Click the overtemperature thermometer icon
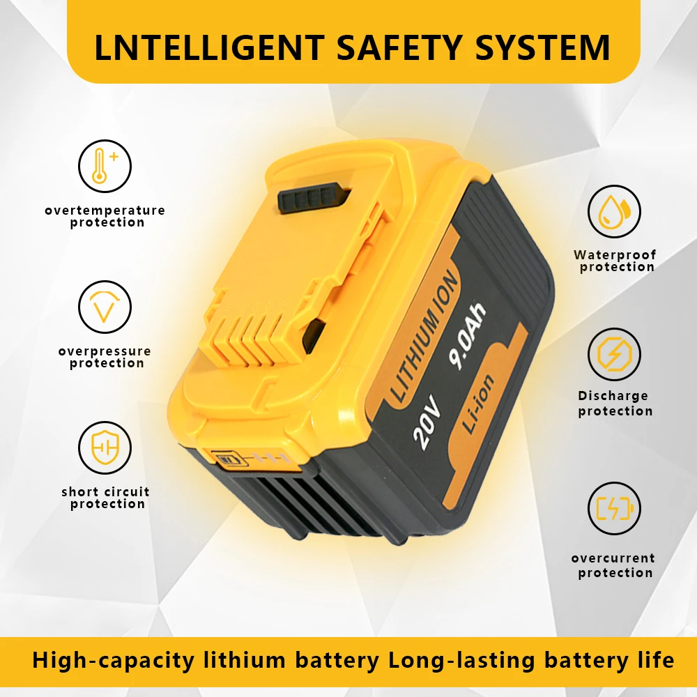(x=105, y=167)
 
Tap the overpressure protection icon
(x=105, y=307)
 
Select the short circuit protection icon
(x=105, y=447)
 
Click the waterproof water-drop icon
(x=614, y=212)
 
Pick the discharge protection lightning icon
(x=614, y=354)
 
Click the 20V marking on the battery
(x=427, y=426)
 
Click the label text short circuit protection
(x=106, y=498)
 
